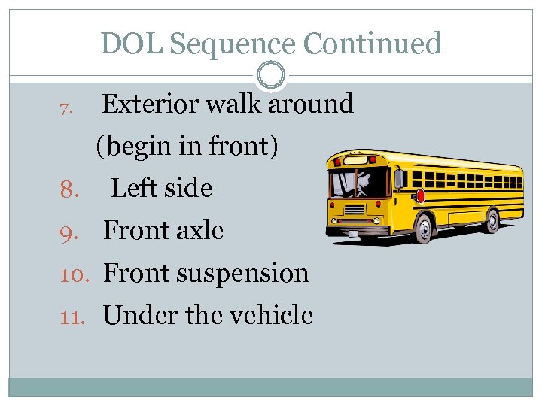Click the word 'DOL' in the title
click(132, 44)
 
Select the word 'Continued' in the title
click(372, 44)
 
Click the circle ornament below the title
click(271, 75)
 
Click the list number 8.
click(69, 189)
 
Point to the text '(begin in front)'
click(187, 146)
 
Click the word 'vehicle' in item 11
click(273, 314)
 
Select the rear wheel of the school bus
click(492, 220)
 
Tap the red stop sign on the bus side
click(420, 195)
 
